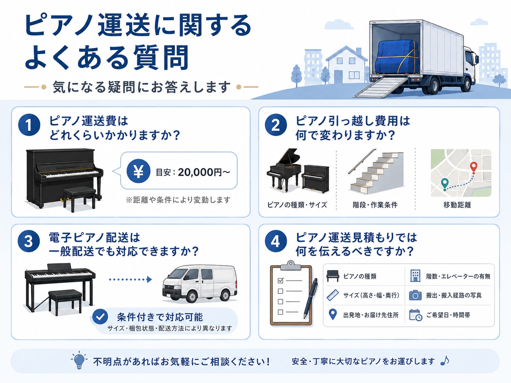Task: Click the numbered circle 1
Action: pyautogui.click(x=29, y=125)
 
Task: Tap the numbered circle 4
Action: pyautogui.click(x=276, y=242)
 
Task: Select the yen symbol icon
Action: pyautogui.click(x=138, y=171)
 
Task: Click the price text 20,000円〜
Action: pyautogui.click(x=204, y=172)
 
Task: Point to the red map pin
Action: pyautogui.click(x=474, y=168)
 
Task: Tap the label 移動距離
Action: pyautogui.click(x=457, y=205)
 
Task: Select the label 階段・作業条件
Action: pyautogui.click(x=375, y=205)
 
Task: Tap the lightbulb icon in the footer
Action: pyautogui.click(x=79, y=360)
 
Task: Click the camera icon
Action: pyautogui.click(x=415, y=295)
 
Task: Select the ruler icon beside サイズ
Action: pyautogui.click(x=332, y=295)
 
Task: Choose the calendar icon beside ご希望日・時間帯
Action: pyautogui.click(x=416, y=315)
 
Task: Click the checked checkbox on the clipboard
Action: pyautogui.click(x=281, y=280)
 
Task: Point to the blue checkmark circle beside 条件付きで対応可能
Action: pyautogui.click(x=100, y=316)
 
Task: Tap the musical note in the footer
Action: pyautogui.click(x=445, y=360)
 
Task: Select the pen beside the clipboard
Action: pyautogui.click(x=311, y=299)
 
